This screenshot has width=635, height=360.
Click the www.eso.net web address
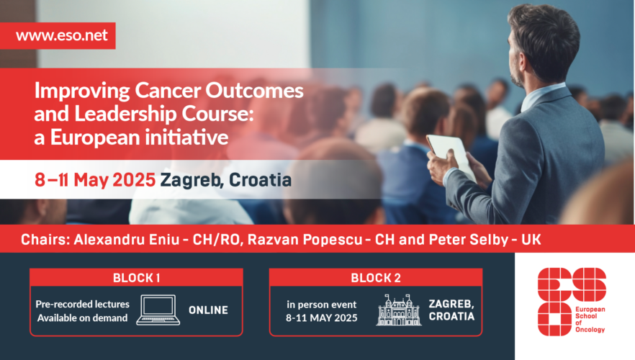click(62, 35)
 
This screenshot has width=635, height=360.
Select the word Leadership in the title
click(125, 114)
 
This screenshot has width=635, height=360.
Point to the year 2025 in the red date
click(134, 180)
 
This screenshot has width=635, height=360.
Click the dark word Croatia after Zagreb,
click(260, 180)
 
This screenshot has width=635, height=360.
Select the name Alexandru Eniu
click(127, 239)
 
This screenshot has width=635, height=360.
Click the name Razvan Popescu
click(305, 239)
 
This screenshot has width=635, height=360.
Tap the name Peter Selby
click(469, 239)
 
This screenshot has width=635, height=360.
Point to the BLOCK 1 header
click(137, 278)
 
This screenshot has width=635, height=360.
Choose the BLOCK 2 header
click(376, 278)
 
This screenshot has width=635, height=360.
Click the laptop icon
click(158, 310)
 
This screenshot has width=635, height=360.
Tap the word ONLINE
click(208, 310)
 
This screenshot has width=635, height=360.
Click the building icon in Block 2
click(399, 310)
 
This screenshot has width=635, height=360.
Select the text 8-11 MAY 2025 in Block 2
click(322, 318)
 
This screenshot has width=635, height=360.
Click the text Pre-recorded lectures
click(83, 304)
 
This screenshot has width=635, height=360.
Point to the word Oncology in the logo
click(590, 330)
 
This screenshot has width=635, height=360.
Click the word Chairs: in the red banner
click(45, 239)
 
